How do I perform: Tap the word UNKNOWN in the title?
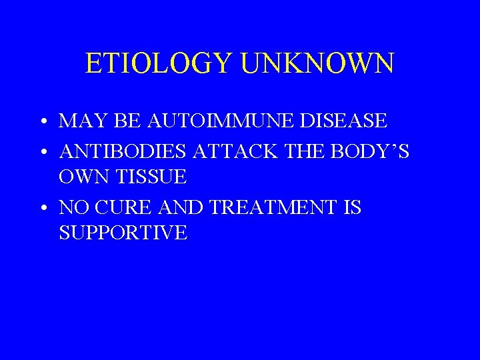[x=317, y=63]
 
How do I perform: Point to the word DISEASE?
[x=344, y=121]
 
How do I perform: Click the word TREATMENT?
[x=275, y=208]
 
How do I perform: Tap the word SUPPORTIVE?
[x=123, y=233]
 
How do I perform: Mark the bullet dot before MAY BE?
[x=42, y=123]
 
